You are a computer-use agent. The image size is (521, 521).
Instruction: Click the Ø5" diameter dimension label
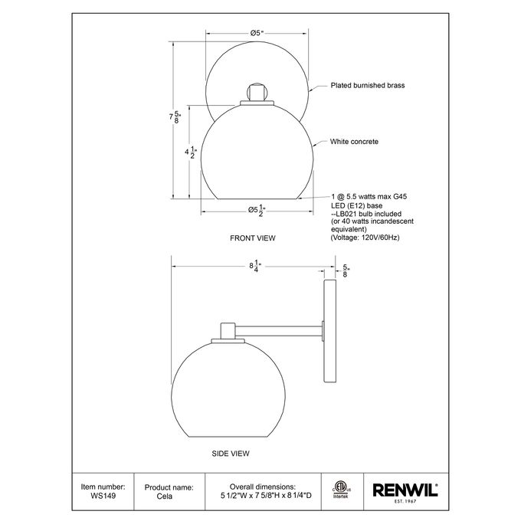(257, 33)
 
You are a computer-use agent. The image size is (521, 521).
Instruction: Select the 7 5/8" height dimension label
(175, 116)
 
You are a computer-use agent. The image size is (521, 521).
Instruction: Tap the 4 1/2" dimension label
(191, 152)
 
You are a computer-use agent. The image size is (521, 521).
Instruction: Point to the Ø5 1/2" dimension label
(257, 210)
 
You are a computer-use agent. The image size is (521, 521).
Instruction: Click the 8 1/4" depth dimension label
(256, 266)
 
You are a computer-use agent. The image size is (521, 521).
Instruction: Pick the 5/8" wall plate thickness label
(346, 270)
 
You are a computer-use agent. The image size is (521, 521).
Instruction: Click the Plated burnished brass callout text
(368, 85)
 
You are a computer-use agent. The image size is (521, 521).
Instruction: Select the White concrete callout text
(354, 142)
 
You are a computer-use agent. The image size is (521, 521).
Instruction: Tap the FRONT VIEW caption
(253, 238)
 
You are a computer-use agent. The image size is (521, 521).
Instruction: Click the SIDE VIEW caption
(231, 454)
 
